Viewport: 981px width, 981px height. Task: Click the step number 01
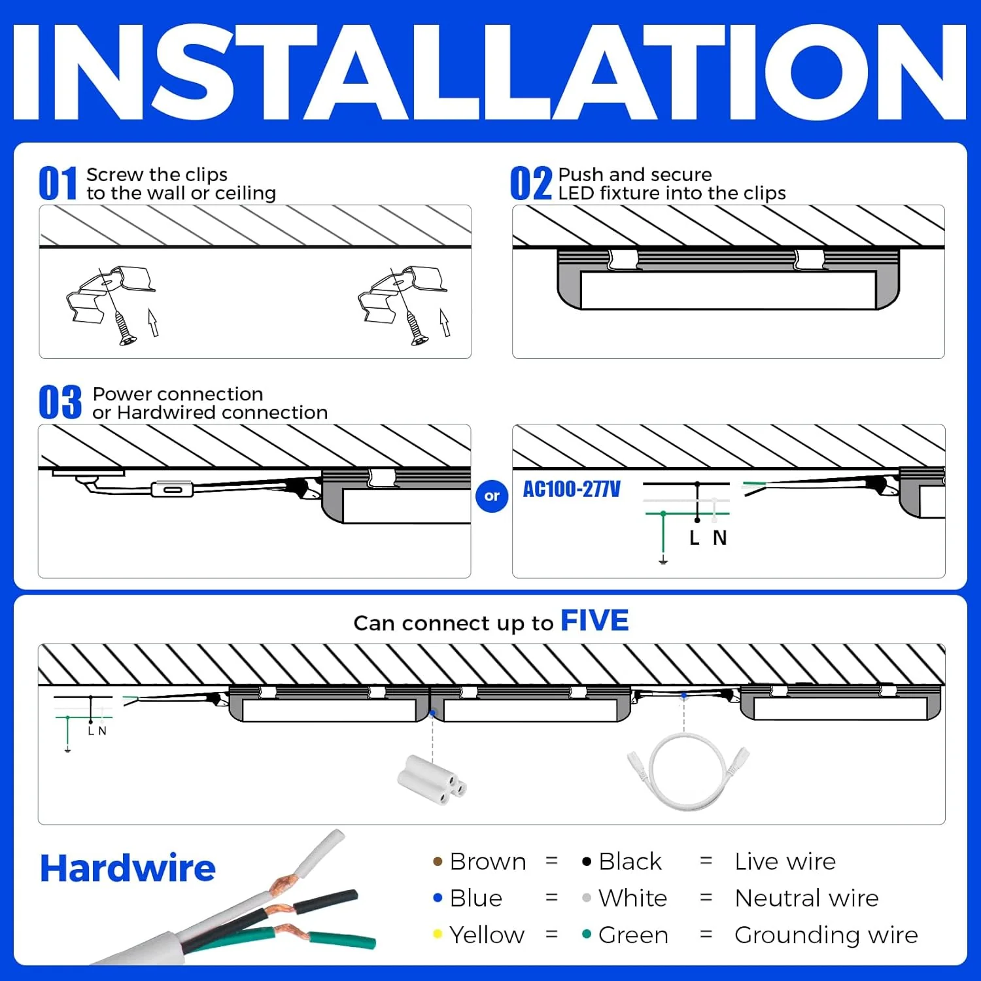click(58, 184)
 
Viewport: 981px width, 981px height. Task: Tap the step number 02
click(530, 184)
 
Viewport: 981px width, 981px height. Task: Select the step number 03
click(60, 402)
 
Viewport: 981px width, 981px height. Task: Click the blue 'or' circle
click(492, 496)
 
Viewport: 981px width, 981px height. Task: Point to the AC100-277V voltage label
click(572, 489)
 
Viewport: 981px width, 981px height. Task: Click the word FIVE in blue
click(594, 621)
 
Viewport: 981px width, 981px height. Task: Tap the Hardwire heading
click(128, 869)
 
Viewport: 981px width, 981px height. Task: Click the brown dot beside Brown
click(438, 862)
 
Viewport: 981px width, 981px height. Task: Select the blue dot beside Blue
click(438, 899)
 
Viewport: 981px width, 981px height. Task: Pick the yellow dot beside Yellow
click(438, 935)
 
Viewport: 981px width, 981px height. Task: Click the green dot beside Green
click(587, 935)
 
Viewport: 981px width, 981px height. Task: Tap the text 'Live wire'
click(785, 862)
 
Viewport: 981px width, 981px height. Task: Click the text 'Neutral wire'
click(806, 899)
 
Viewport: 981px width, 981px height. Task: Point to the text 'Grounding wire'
click(826, 935)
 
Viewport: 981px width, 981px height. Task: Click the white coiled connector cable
click(688, 772)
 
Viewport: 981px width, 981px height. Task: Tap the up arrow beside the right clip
click(445, 322)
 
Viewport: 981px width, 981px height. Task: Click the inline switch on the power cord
click(172, 489)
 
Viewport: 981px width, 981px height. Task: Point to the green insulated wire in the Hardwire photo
click(340, 940)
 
